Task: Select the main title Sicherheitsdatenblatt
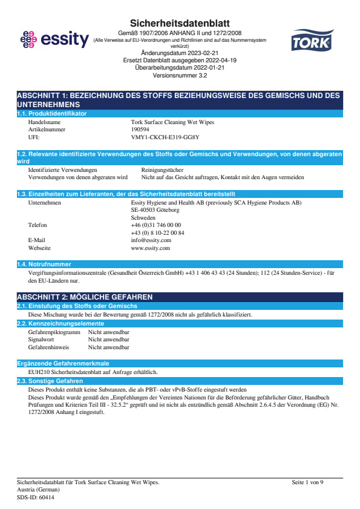[x=180, y=23]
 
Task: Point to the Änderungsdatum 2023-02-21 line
[x=180, y=53]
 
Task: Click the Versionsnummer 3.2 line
[x=180, y=77]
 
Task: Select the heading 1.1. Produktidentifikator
[x=52, y=113]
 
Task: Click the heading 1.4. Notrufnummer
[x=44, y=264]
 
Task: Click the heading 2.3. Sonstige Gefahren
[x=50, y=381]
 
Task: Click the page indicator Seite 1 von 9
[x=308, y=482]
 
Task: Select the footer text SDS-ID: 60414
[x=36, y=497]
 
